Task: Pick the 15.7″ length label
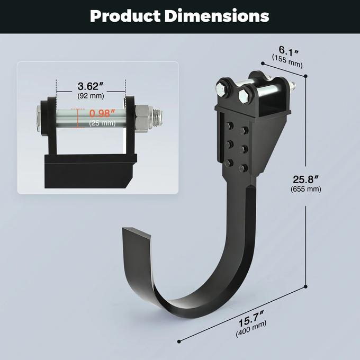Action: pos(252,321)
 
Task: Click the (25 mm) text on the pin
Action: pos(102,123)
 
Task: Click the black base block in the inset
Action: pos(88,170)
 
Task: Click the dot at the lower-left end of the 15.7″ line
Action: pos(178,341)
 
